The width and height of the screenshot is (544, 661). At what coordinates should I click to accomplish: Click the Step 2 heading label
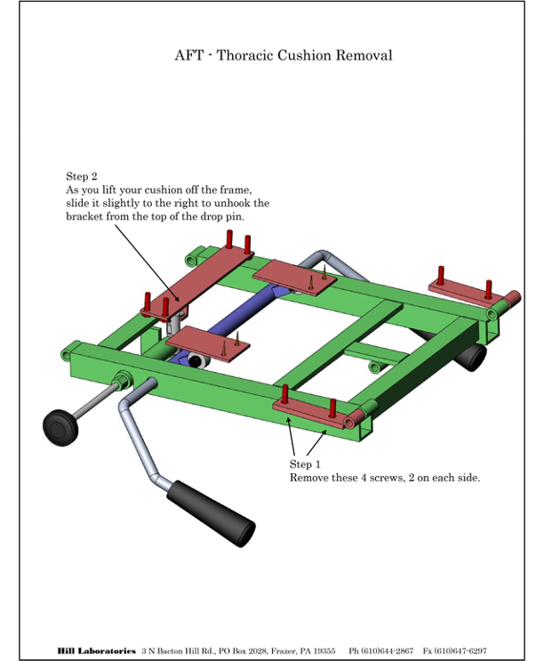[x=82, y=176]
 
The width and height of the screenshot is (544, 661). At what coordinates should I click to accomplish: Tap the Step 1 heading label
[x=305, y=464]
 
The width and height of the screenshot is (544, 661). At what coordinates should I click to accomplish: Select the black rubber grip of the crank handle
[x=211, y=513]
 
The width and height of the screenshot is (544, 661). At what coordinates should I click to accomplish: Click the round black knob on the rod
[x=60, y=427]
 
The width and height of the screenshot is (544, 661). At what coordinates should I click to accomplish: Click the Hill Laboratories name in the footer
[x=97, y=651]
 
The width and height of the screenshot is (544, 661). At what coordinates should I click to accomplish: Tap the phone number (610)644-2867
[x=387, y=651]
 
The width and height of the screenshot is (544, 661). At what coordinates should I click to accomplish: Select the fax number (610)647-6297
[x=460, y=651]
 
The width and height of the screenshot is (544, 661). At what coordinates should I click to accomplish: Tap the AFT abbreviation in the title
[x=189, y=55]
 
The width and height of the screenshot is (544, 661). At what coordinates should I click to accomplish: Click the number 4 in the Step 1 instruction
[x=364, y=478]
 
